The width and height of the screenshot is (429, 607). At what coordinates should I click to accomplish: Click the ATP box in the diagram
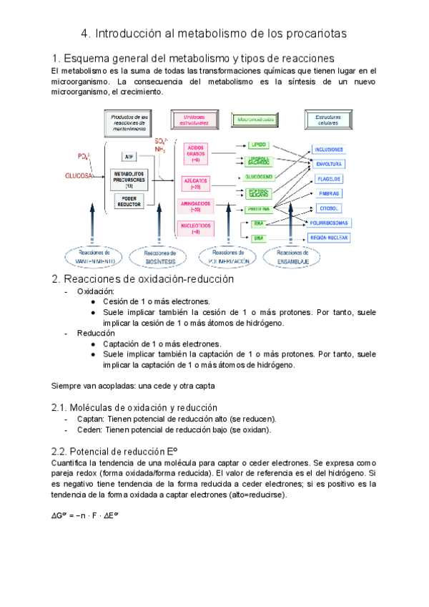pyautogui.click(x=129, y=156)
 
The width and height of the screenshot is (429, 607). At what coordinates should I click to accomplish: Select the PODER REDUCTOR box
pyautogui.click(x=129, y=201)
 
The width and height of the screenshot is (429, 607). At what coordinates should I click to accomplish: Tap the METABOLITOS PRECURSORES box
pyautogui.click(x=129, y=178)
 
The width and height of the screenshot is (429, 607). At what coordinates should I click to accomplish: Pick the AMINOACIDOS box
pyautogui.click(x=196, y=206)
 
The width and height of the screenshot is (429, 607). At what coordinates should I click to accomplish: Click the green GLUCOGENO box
pyautogui.click(x=258, y=175)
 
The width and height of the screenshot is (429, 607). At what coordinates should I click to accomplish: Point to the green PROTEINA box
pyautogui.click(x=258, y=209)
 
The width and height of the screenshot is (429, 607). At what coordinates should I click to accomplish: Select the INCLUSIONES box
pyautogui.click(x=329, y=150)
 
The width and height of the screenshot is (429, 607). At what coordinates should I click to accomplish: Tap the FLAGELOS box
pyautogui.click(x=327, y=179)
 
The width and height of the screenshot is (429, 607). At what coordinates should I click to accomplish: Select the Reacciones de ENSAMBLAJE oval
pyautogui.click(x=292, y=258)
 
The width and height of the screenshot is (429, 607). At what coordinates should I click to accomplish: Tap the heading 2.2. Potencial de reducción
pyautogui.click(x=114, y=452)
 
